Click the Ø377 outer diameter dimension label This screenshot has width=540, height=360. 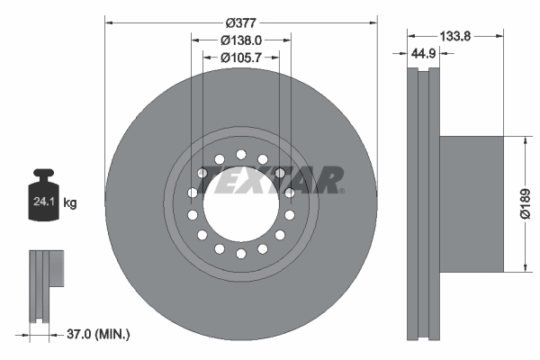[240, 21]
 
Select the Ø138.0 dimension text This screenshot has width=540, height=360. [240, 40]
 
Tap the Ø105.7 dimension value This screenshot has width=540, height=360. [240, 58]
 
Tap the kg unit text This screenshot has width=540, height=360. [69, 203]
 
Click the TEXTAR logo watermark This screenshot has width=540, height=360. [269, 180]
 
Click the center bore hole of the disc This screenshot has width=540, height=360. [240, 205]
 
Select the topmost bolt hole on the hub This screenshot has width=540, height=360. [240, 154]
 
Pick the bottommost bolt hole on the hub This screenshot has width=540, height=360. [240, 256]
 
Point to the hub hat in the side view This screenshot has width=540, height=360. [468, 203]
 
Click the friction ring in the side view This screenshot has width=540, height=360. [424, 203]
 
